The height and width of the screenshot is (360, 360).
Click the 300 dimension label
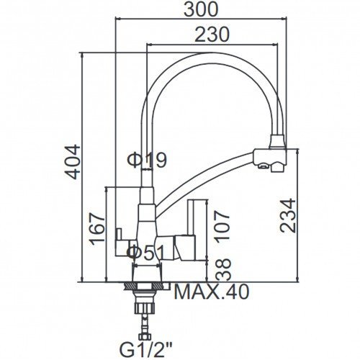[201, 9]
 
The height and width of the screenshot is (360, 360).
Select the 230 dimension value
[212, 35]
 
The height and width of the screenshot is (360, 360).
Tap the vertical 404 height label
[73, 161]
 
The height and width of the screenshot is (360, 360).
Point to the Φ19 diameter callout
[147, 160]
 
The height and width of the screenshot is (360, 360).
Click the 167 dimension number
[97, 228]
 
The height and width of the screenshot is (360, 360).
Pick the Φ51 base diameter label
[146, 252]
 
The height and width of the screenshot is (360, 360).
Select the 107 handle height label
[222, 227]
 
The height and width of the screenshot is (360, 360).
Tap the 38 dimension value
[223, 269]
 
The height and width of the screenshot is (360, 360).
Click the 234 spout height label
[288, 215]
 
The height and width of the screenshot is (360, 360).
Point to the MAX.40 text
[212, 292]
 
